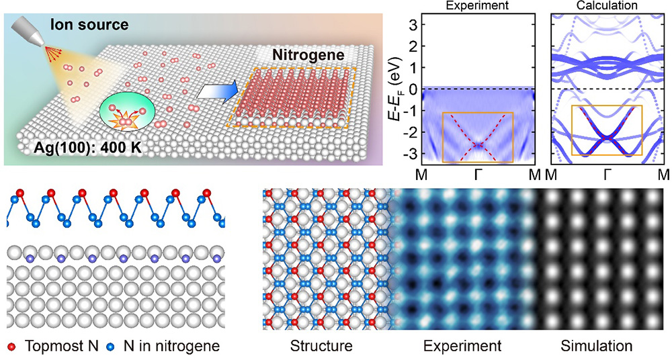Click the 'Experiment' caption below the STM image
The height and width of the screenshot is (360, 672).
pos(462,347)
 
